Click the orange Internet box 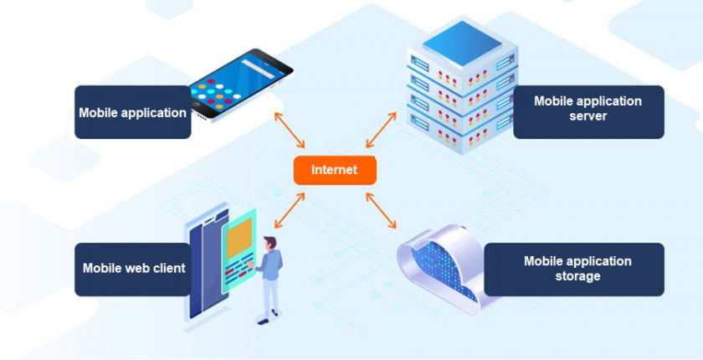tap(335, 170)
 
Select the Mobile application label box tap(132, 112)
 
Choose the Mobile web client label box tap(132, 269)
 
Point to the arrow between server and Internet tap(380, 131)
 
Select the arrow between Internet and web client tap(289, 210)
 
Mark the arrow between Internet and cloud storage tap(381, 208)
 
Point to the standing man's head tap(269, 242)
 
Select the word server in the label tap(588, 116)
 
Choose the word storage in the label tap(577, 276)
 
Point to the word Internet tap(335, 170)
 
